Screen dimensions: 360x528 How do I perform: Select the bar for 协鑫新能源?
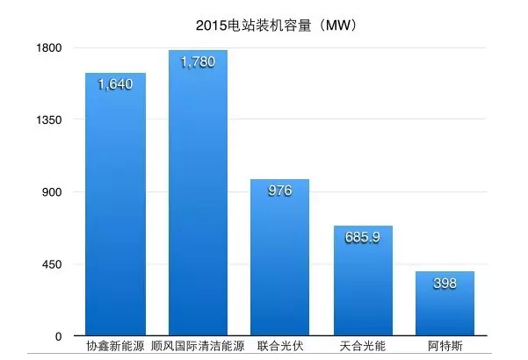115,211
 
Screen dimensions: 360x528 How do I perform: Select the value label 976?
279,191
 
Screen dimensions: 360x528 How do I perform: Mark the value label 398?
445,284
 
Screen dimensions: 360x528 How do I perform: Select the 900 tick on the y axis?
51,192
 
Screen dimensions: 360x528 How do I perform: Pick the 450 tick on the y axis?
51,264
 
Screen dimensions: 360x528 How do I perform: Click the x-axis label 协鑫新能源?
115,349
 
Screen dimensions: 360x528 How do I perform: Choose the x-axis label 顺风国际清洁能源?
198,349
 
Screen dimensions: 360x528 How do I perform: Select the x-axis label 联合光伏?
279,349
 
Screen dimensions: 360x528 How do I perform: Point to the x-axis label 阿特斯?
445,349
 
